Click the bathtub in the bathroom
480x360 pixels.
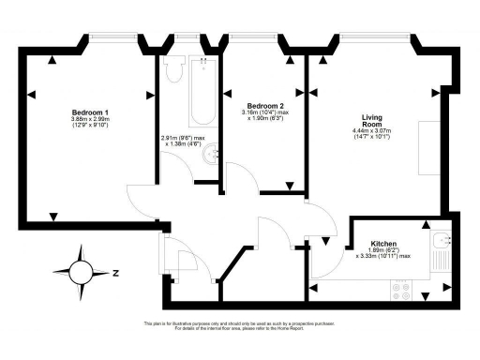pos(201,92)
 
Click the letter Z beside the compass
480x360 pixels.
pos(113,274)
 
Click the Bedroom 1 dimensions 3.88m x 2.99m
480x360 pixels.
pos(89,121)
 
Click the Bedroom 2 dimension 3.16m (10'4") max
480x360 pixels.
pos(264,114)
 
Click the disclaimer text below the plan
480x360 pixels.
pos(239,326)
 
